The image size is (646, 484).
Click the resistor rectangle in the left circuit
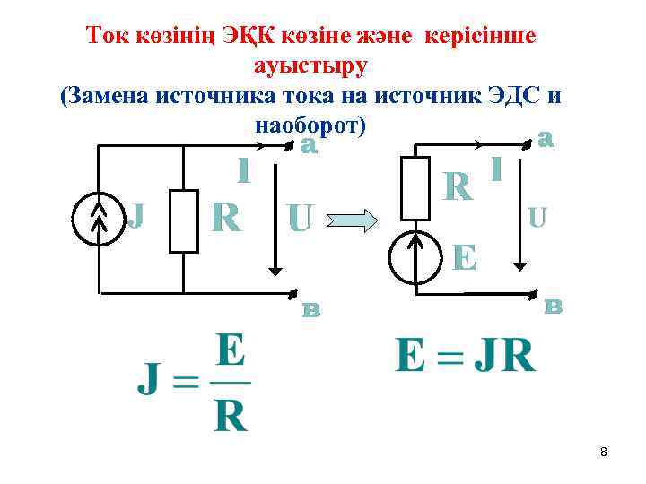pos(184,220)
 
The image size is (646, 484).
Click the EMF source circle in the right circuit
pos(415,256)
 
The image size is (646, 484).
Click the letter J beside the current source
pos(135,215)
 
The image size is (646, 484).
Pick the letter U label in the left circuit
pos(299,218)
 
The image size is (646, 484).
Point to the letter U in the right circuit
pos(537,217)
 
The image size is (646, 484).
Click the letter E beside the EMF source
pos(465,256)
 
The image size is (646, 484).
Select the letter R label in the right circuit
pos(458,186)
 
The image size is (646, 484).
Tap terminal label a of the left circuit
pos(310,144)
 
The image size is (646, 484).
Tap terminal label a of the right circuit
pos(546,139)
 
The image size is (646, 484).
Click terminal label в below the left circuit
pos(310,310)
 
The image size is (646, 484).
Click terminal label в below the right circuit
pos(554,307)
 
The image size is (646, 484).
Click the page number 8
pos(604,453)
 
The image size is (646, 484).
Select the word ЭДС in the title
pos(521,95)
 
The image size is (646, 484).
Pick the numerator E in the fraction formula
pos(231,352)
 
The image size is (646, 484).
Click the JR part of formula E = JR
pos(505,355)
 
